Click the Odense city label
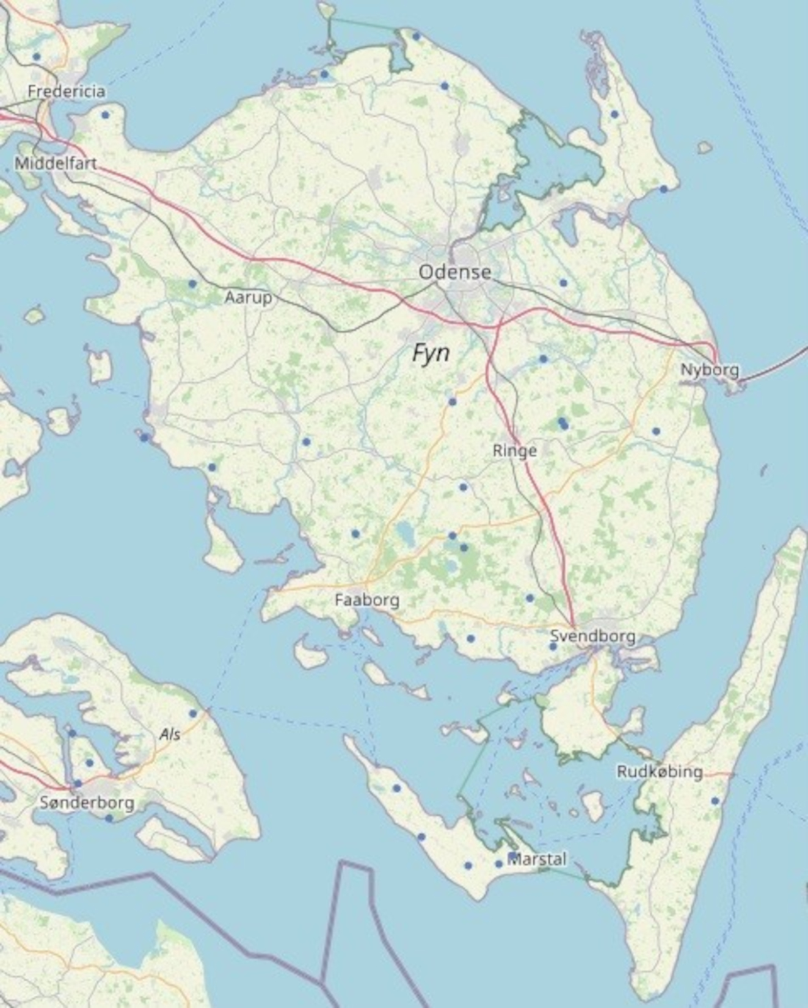(454, 272)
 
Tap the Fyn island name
(431, 353)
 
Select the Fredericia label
(66, 92)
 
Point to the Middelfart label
(56, 164)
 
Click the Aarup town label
(248, 298)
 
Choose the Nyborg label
(710, 369)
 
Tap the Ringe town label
(515, 451)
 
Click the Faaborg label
(367, 600)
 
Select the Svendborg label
(592, 636)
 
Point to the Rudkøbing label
(660, 772)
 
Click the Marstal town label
(537, 859)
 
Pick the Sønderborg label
(87, 802)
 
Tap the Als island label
(170, 734)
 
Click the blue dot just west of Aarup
(192, 284)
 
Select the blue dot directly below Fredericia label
(105, 115)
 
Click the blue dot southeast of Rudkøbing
(715, 800)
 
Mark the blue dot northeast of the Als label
(193, 713)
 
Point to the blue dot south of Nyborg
(656, 431)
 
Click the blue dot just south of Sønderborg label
(109, 818)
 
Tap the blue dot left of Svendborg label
(553, 646)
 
